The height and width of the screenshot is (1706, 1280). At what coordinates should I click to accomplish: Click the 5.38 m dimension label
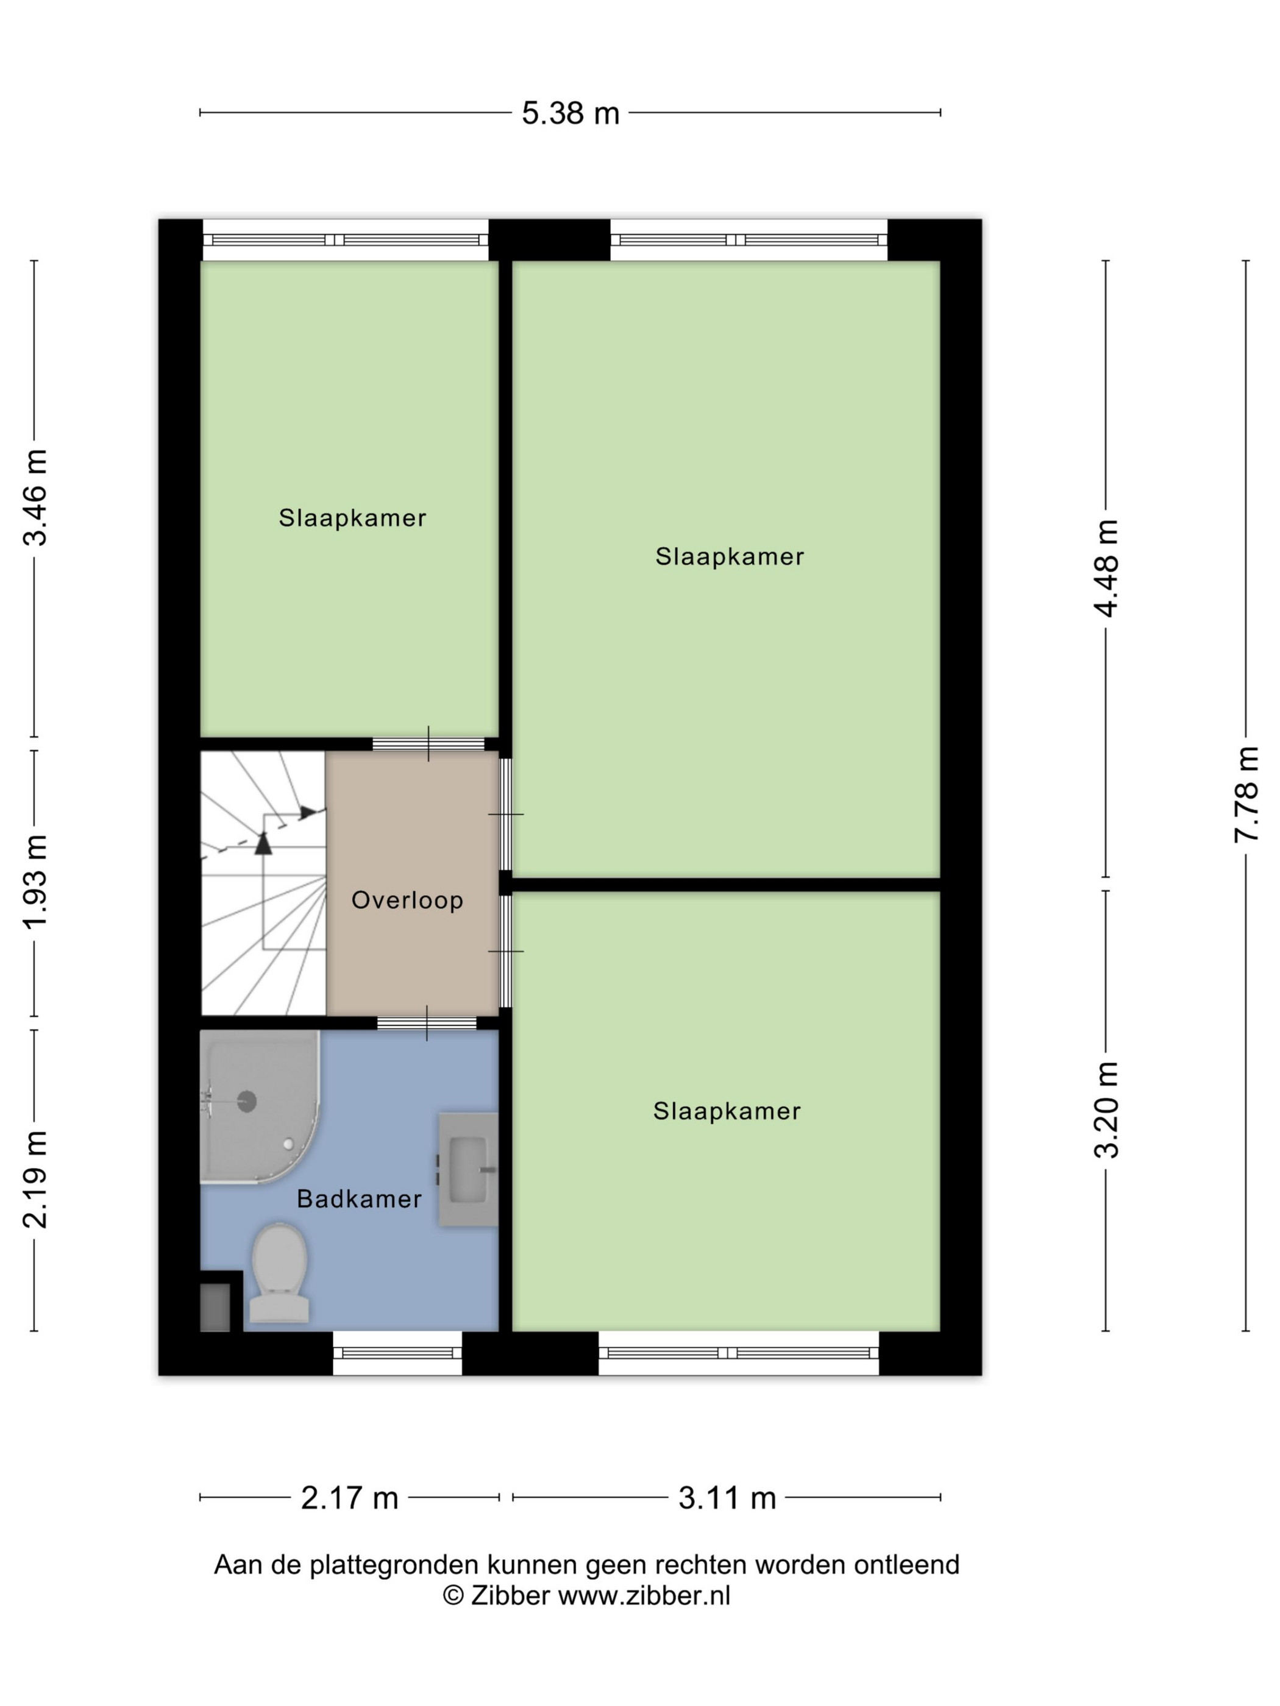(570, 113)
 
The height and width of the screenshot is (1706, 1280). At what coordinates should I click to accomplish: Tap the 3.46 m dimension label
(35, 497)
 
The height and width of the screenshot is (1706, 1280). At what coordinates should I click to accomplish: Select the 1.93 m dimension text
(35, 882)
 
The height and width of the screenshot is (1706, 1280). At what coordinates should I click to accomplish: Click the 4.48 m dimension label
(1106, 568)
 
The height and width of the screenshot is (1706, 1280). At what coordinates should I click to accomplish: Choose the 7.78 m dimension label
(1246, 795)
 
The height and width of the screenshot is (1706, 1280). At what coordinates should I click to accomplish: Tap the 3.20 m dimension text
(1106, 1110)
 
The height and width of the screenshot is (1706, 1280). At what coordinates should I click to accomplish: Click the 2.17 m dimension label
(349, 1498)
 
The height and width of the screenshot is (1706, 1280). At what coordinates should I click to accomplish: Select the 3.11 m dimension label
(727, 1498)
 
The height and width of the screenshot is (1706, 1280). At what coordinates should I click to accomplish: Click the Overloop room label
(407, 900)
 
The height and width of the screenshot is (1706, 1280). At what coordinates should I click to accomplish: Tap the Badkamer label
(360, 1198)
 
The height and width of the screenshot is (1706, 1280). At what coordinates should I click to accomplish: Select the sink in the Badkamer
(468, 1169)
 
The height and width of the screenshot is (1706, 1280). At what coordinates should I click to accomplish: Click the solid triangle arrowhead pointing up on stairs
(264, 843)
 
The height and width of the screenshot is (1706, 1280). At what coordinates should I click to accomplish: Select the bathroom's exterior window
(397, 1353)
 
